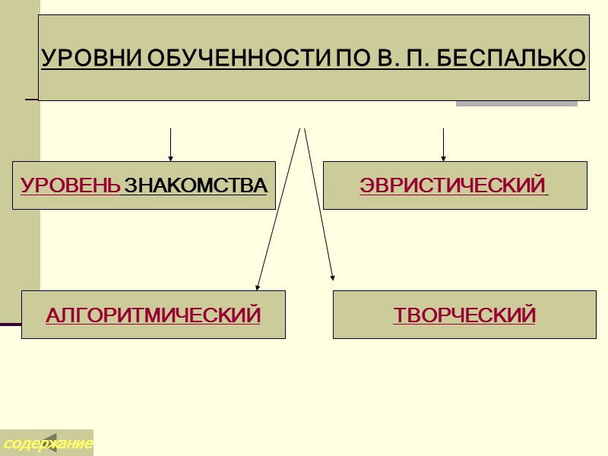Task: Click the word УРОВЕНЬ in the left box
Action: coord(70,185)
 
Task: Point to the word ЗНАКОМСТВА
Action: coord(195,185)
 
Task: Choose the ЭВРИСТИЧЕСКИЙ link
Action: coord(454,185)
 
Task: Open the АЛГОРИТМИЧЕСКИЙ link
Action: coord(153,315)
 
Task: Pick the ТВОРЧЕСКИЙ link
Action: coord(464,315)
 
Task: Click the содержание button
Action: coord(46,442)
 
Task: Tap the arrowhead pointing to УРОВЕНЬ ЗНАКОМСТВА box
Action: coord(170,158)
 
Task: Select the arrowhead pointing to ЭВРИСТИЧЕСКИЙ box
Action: coord(443,158)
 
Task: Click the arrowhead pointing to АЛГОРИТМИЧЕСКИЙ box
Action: coord(258,287)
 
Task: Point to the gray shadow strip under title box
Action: coord(516,103)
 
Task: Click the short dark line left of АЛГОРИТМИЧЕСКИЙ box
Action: coord(10,325)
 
